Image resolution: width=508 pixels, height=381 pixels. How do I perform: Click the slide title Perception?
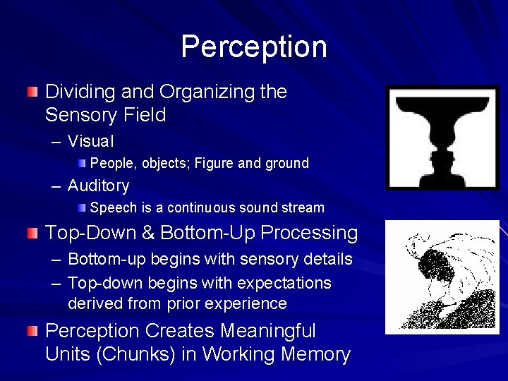254,47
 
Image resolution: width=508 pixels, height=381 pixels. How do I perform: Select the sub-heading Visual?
91,141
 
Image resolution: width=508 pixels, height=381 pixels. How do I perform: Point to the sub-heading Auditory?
98,186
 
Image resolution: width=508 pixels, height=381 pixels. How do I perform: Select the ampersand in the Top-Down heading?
150,231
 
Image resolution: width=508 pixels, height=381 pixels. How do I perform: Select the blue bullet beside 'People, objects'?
83,163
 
